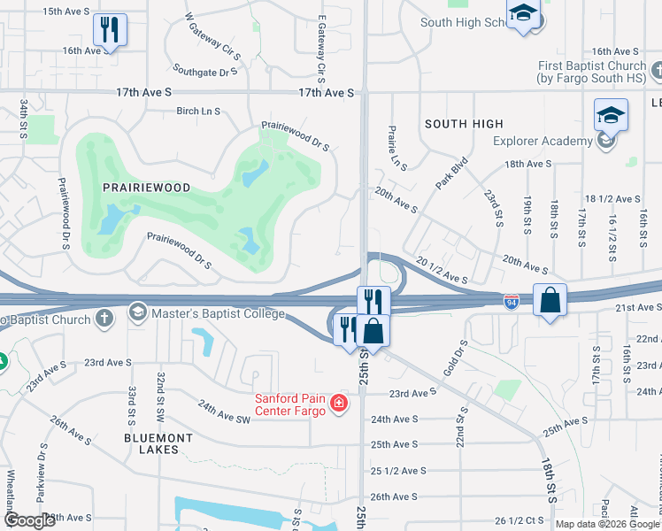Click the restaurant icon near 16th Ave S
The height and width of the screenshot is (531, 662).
(x=110, y=30)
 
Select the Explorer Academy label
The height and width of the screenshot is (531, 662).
(x=543, y=141)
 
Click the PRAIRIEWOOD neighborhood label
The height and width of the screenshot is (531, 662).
(x=135, y=188)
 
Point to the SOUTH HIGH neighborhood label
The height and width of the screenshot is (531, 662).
(x=464, y=124)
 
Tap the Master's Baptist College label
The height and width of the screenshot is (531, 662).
(x=218, y=313)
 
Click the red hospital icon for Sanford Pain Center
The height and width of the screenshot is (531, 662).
(x=337, y=404)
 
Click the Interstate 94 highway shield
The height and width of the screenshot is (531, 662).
(x=511, y=302)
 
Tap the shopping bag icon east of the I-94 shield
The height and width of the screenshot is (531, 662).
(x=550, y=300)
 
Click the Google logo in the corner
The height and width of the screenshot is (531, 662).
(x=29, y=520)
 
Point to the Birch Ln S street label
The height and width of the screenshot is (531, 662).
(x=198, y=112)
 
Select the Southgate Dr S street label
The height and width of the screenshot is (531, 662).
(x=206, y=70)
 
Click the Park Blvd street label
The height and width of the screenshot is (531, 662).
(x=450, y=173)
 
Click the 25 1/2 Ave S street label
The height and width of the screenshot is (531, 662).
(x=399, y=471)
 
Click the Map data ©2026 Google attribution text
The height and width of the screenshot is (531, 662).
(x=606, y=524)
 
